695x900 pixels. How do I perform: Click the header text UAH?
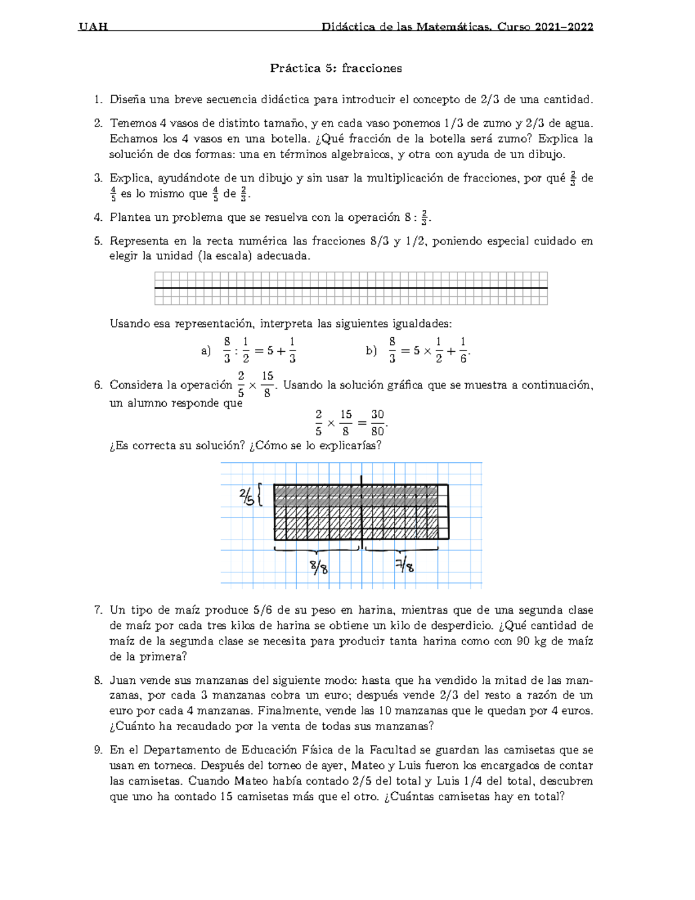[x=93, y=27]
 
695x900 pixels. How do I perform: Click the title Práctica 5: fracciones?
[x=336, y=68]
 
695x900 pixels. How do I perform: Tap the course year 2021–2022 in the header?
[x=564, y=27]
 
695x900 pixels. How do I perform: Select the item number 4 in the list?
[x=97, y=218]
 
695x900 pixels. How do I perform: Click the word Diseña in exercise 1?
[x=127, y=100]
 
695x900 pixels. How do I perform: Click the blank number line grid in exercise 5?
[x=351, y=288]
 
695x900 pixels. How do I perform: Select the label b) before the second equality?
[x=371, y=351]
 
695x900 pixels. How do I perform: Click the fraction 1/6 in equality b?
[x=463, y=351]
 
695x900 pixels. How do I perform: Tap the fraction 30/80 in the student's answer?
[x=378, y=422]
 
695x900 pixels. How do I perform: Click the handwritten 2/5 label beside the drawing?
[x=246, y=496]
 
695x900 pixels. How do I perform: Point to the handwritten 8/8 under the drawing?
[x=319, y=566]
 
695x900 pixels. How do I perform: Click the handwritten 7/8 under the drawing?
[x=405, y=565]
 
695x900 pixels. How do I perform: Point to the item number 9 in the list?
[x=97, y=750]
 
